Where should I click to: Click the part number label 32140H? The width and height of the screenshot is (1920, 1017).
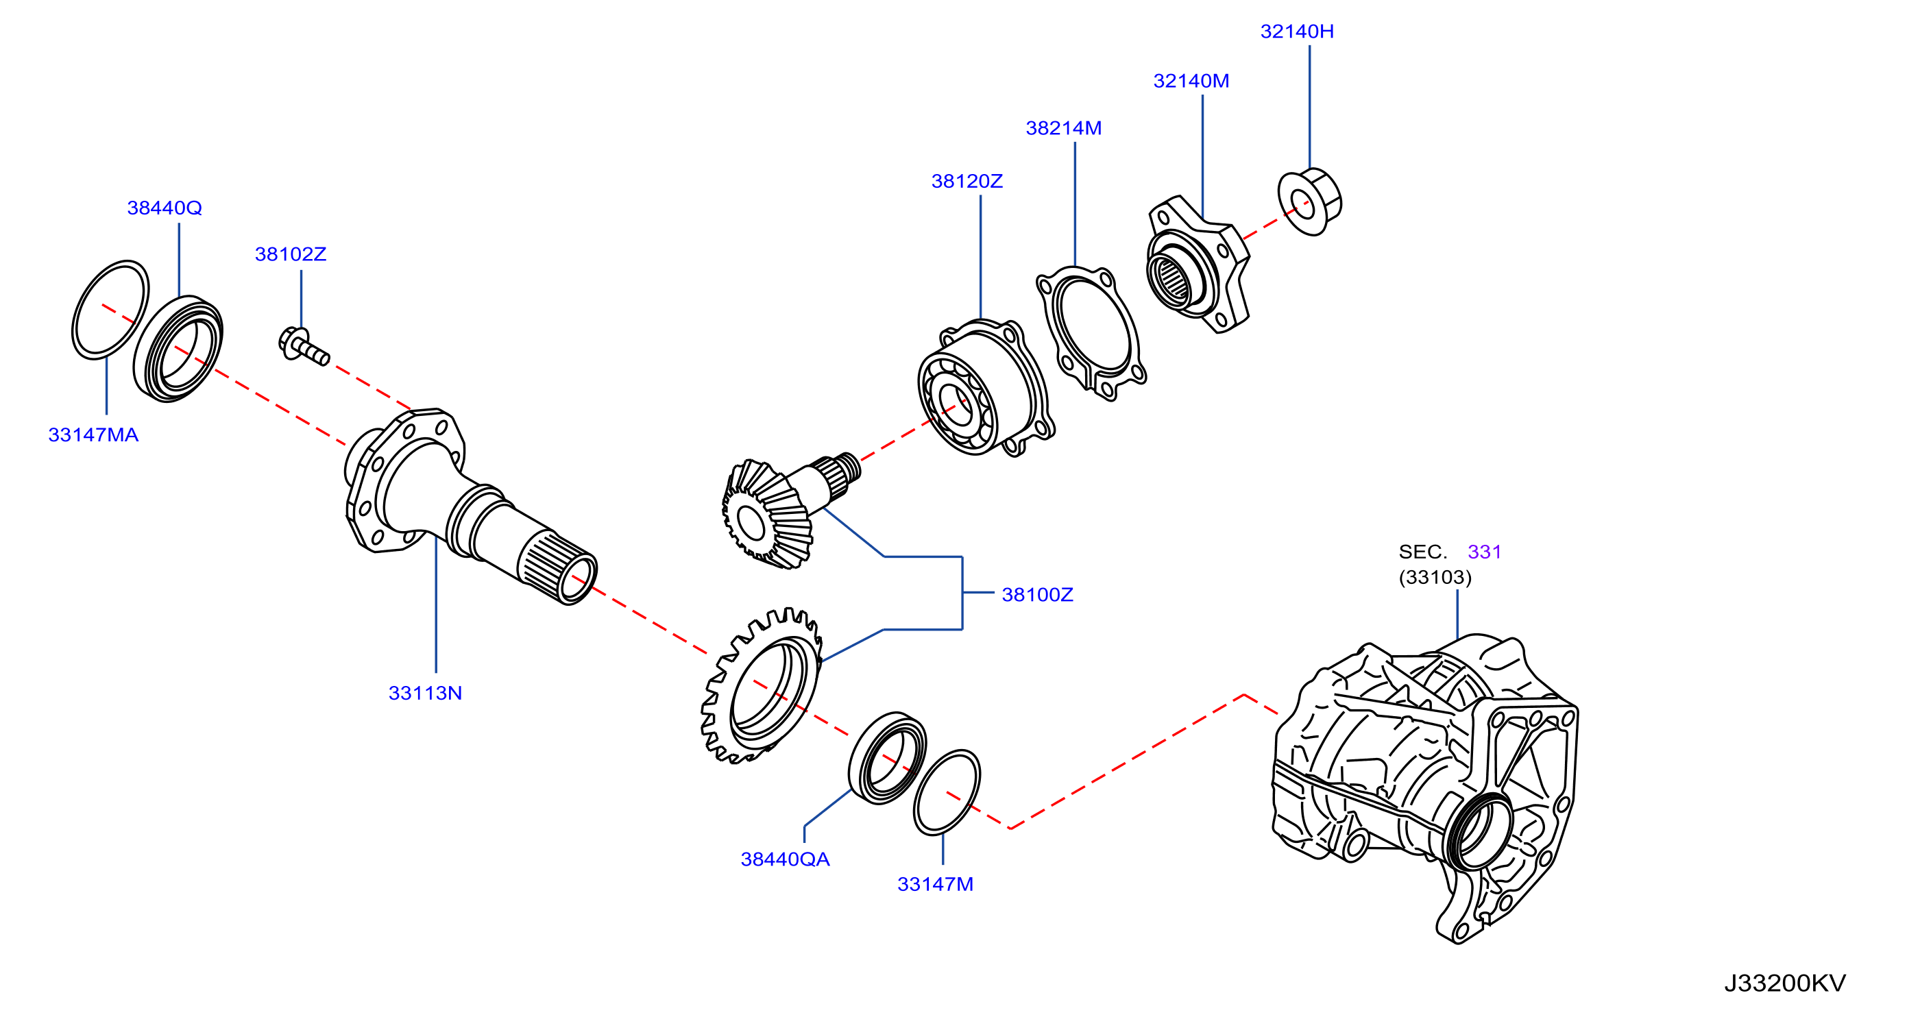[1297, 32]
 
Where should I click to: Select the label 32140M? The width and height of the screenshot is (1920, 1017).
[1191, 82]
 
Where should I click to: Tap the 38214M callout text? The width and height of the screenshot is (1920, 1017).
[1064, 128]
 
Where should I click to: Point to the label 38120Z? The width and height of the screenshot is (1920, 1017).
[967, 181]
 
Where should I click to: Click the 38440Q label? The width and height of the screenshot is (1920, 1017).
[164, 208]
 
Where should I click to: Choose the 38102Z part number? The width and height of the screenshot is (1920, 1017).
[291, 254]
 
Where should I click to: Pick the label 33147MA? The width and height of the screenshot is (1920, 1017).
[93, 435]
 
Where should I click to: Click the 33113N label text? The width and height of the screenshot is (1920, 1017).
[425, 694]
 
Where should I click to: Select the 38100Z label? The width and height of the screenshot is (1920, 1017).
[1036, 595]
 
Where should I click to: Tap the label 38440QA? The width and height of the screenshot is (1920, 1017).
[785, 860]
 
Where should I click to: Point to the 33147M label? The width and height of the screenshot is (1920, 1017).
[935, 884]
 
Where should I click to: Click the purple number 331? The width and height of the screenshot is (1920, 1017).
[1484, 552]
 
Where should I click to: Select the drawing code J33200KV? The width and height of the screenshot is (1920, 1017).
[1784, 983]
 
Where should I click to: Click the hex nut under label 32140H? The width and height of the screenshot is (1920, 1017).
[1309, 202]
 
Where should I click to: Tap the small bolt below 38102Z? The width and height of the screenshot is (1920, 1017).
[304, 347]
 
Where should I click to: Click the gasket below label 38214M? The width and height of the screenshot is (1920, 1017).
[1091, 332]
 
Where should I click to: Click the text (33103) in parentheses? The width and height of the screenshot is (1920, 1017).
[1435, 578]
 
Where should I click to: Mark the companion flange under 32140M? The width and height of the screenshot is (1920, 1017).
[1198, 265]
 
